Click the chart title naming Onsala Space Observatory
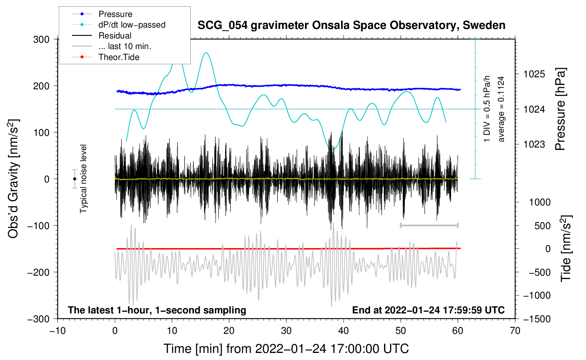pyautogui.click(x=351, y=25)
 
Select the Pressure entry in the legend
pyautogui.click(x=115, y=14)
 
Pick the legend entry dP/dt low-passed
pyautogui.click(x=132, y=25)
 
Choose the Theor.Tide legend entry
pyautogui.click(x=119, y=57)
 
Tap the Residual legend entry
pyautogui.click(x=115, y=36)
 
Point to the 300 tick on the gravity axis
pyautogui.click(x=41, y=39)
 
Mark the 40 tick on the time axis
pyautogui.click(x=343, y=331)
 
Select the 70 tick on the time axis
pyautogui.click(x=515, y=331)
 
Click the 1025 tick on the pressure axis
pyautogui.click(x=534, y=74)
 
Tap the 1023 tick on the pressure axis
pyautogui.click(x=534, y=144)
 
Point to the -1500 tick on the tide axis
pyautogui.click(x=537, y=319)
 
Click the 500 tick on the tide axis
pyautogui.click(x=542, y=226)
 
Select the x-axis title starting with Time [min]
pyautogui.click(x=286, y=349)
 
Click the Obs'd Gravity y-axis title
pyautogui.click(x=13, y=179)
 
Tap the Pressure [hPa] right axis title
pyautogui.click(x=560, y=109)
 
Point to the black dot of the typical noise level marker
pyautogui.click(x=74, y=179)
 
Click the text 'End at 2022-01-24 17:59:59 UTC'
pyautogui.click(x=428, y=310)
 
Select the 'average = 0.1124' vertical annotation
pyautogui.click(x=501, y=109)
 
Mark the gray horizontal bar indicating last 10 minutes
pyautogui.click(x=429, y=226)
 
